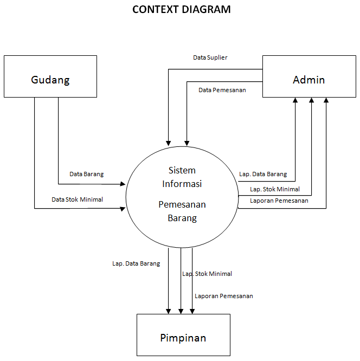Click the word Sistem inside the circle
(182, 170)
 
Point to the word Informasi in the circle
(182, 184)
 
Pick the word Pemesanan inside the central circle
(182, 205)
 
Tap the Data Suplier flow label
(210, 57)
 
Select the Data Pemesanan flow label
(222, 89)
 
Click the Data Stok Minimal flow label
(77, 199)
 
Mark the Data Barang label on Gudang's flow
(86, 174)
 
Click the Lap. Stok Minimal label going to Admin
(275, 189)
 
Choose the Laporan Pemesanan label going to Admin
(279, 201)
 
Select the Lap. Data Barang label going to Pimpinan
(136, 263)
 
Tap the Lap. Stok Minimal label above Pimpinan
(207, 274)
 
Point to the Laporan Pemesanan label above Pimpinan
(224, 296)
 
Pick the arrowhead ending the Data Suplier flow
(169, 143)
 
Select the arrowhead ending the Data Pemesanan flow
(187, 143)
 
